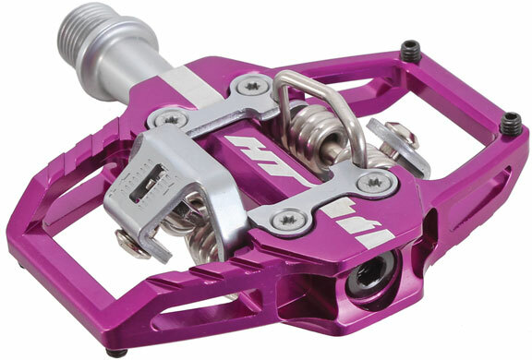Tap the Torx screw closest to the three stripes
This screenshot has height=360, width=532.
click(374, 182)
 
